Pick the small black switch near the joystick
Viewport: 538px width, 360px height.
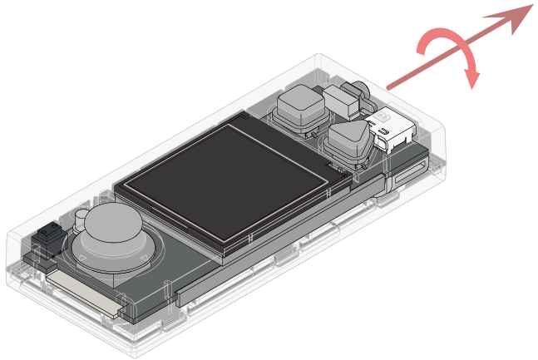pos(47,235)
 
